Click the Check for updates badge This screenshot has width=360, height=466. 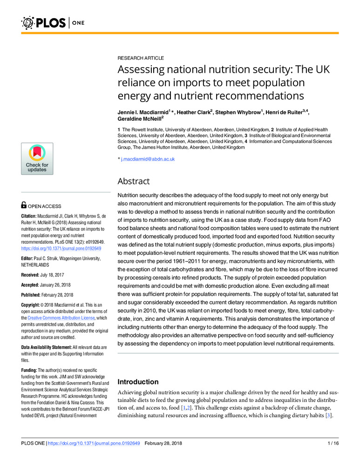(x=37, y=159)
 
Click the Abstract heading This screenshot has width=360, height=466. (x=133, y=181)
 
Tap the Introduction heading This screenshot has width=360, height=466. (x=138, y=382)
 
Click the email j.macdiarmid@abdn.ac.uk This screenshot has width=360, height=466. (x=148, y=159)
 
